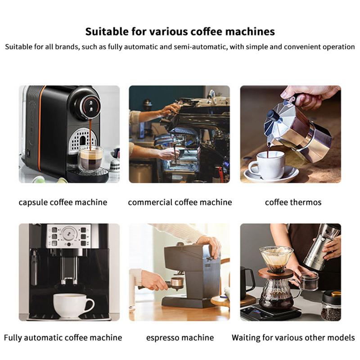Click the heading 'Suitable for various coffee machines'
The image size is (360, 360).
(x=180, y=32)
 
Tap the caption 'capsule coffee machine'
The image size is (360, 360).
(x=63, y=202)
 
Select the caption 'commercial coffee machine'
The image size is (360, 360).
(x=180, y=202)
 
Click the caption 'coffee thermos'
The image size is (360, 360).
(x=293, y=202)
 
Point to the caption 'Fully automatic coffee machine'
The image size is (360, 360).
(x=63, y=337)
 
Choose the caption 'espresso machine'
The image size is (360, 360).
(x=180, y=337)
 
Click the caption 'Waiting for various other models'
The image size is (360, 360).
(x=293, y=337)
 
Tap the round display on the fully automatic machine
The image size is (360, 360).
(x=69, y=233)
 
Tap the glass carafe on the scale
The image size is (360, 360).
(x=276, y=295)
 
